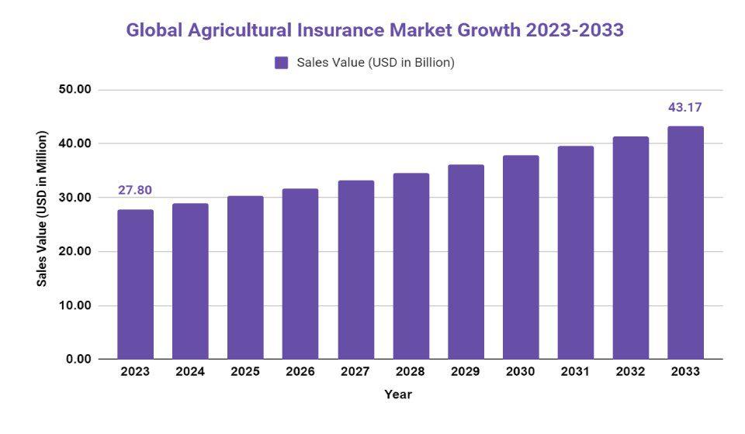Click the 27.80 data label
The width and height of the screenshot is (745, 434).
[135, 190]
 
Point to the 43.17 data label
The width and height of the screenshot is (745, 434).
[685, 107]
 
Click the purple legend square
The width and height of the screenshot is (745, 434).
[282, 63]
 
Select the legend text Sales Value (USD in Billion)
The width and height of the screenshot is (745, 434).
[376, 63]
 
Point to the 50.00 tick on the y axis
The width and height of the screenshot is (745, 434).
[75, 90]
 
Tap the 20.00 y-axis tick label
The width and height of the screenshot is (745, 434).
[75, 252]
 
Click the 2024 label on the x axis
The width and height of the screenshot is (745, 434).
[190, 372]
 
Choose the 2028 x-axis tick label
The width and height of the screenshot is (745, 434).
[411, 372]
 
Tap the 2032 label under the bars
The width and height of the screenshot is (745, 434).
[630, 372]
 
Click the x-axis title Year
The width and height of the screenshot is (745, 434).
[398, 394]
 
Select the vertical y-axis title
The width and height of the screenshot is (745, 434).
[43, 208]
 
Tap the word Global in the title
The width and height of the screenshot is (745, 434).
[155, 30]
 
